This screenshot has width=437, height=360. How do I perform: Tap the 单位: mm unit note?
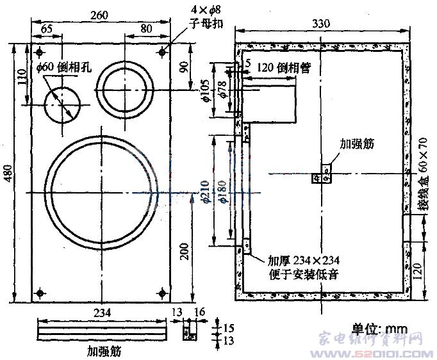tap(382, 328)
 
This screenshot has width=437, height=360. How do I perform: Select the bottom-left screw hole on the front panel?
tap(40, 293)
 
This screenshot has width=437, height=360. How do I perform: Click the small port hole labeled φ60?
tap(62, 104)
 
